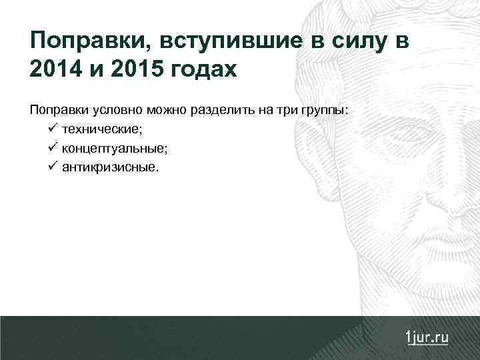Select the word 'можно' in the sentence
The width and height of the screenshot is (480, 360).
click(x=170, y=110)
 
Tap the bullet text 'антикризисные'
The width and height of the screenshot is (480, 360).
click(x=110, y=166)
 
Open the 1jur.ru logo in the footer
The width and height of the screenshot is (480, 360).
click(x=426, y=337)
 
